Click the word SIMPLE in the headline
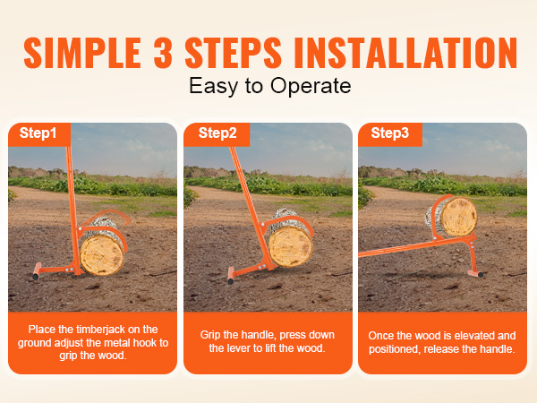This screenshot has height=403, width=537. (x=82, y=53)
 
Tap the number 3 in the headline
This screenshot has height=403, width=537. (x=163, y=53)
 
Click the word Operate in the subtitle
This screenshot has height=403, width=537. (x=311, y=86)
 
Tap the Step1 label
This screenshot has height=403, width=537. (x=38, y=133)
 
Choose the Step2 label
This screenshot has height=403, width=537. (x=217, y=133)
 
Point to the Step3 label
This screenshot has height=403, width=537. (x=389, y=133)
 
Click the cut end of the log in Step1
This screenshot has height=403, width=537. (x=102, y=255)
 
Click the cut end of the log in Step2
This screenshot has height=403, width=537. (x=290, y=247)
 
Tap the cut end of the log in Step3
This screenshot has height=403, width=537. (x=459, y=217)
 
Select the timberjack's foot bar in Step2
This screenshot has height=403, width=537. (x=231, y=276)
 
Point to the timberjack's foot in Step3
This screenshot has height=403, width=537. (x=476, y=273)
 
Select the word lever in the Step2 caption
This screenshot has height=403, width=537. (x=238, y=348)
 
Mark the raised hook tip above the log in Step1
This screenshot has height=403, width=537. (x=128, y=220)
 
